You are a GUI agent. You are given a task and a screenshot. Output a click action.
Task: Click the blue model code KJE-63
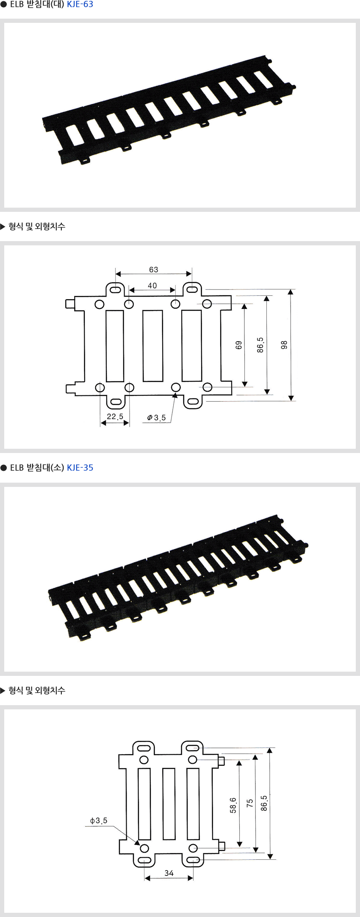(80, 5)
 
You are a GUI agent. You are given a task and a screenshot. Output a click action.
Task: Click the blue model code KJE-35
(80, 468)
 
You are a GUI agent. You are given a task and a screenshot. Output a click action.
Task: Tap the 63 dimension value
(153, 270)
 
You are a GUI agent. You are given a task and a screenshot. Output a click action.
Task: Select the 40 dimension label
(152, 286)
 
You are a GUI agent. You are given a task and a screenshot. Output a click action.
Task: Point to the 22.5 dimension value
(115, 417)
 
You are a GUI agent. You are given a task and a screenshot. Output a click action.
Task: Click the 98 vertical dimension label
(284, 345)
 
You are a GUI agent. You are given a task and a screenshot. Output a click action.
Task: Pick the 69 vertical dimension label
(239, 345)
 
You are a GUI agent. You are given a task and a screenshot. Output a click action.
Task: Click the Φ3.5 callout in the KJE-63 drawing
(156, 418)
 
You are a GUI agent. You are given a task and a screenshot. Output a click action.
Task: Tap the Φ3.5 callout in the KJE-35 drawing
(99, 821)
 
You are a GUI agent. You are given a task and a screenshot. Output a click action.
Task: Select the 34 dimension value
(169, 873)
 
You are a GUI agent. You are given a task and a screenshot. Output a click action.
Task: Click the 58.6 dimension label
(233, 805)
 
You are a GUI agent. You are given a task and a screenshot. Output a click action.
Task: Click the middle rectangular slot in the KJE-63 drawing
(152, 346)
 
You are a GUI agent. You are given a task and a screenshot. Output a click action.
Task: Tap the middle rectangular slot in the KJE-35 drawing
(169, 804)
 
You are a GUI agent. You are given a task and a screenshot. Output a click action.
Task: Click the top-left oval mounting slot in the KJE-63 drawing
(115, 290)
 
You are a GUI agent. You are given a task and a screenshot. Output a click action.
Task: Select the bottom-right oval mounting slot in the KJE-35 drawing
(193, 859)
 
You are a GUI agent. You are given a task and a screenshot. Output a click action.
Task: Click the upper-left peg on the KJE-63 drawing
(70, 304)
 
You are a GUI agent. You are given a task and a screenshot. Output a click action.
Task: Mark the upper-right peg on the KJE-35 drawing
(221, 761)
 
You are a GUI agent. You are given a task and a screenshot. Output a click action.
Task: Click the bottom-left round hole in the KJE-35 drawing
(144, 848)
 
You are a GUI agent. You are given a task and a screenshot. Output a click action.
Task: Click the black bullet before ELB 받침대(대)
(4, 5)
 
